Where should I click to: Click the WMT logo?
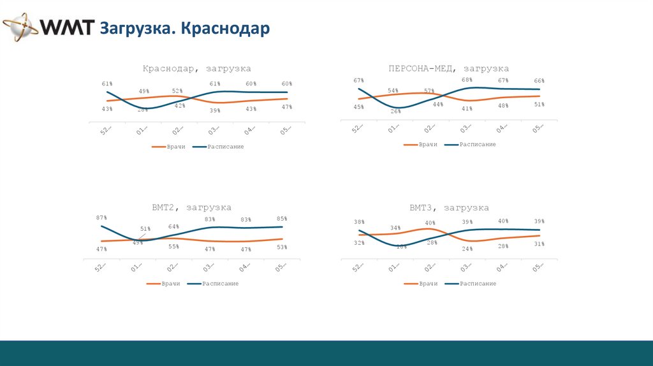coord(48,28)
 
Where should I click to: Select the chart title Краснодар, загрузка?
coord(196,68)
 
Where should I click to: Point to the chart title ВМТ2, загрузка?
coord(191,207)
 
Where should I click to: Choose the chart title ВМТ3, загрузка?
coord(449,207)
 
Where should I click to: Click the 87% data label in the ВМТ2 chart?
coord(101,218)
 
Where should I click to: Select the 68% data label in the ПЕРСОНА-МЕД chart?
coord(467,80)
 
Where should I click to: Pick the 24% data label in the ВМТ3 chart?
coord(467,249)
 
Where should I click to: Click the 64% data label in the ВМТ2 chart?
coord(173,226)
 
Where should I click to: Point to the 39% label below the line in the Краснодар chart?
coord(215,110)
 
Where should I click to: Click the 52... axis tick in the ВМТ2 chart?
coord(100,268)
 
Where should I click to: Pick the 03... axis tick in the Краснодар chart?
coord(214,130)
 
